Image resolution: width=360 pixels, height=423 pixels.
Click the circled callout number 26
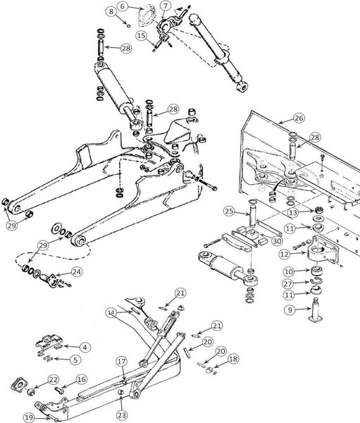click(x=299, y=118)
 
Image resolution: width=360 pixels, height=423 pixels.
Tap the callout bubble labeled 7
click(x=166, y=6)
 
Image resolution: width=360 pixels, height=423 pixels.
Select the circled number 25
click(x=230, y=211)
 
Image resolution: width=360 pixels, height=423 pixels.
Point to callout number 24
click(x=76, y=272)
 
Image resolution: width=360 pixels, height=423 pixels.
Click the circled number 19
click(x=29, y=418)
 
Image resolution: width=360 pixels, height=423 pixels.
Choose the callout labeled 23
click(x=122, y=415)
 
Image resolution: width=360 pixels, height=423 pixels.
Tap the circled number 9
click(x=290, y=310)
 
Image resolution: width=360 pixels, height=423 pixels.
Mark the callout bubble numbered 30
click(x=277, y=241)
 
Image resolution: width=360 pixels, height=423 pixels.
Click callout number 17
click(x=122, y=361)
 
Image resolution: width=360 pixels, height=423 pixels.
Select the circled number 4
click(x=85, y=347)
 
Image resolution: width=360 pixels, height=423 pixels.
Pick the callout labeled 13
click(x=293, y=213)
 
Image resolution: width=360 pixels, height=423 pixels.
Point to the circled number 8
click(x=111, y=11)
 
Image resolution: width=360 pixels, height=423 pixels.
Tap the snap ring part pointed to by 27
click(x=315, y=281)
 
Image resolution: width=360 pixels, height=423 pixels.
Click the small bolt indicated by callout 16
click(x=59, y=390)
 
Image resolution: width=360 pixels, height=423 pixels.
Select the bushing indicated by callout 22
click(x=31, y=391)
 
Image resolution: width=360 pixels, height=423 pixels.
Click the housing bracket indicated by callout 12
click(x=322, y=250)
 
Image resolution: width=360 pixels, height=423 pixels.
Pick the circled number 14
click(x=111, y=312)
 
